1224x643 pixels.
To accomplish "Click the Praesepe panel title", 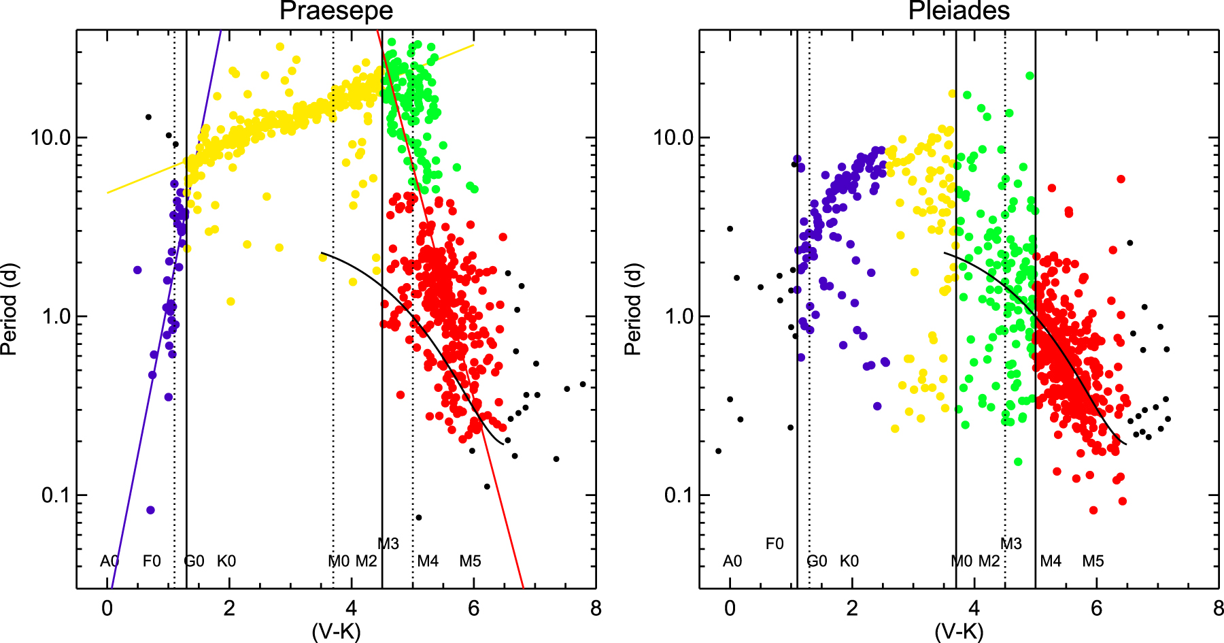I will point(336,11).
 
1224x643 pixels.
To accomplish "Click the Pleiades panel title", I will point(959,11).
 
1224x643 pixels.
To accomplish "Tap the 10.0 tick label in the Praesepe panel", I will point(50,137).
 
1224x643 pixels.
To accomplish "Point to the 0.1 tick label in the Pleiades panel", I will point(679,495).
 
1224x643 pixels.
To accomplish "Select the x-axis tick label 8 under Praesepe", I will point(596,608).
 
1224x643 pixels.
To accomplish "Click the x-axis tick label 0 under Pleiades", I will point(730,608).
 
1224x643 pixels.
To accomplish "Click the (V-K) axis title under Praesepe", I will point(336,631).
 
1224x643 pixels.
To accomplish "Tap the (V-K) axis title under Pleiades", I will point(959,631).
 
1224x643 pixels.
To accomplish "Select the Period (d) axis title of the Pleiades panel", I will point(633,310).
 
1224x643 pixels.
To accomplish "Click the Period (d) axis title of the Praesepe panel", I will point(9,310).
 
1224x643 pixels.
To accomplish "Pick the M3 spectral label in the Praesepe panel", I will point(388,544).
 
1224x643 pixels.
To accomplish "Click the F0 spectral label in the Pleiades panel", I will point(775,544).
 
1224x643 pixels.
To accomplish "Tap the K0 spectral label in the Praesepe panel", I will point(226,561).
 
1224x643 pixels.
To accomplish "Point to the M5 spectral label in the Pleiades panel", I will point(1093,561).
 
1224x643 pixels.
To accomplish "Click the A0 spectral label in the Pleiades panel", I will point(732,561).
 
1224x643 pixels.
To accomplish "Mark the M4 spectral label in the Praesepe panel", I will point(428,561).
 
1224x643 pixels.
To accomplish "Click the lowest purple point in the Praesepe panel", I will point(150,510).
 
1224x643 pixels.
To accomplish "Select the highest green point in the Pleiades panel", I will point(1030,76).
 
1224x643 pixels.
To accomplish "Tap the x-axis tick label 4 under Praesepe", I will point(352,608).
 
